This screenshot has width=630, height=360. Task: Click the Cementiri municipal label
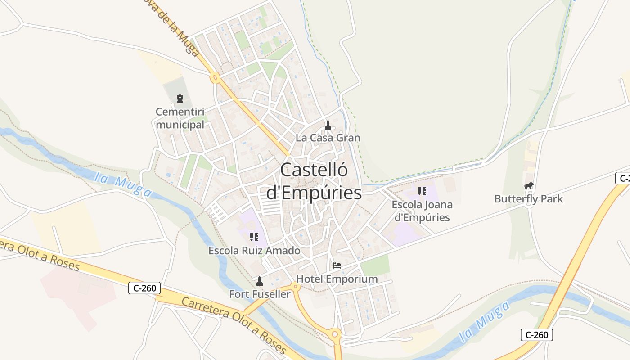[x=180, y=118]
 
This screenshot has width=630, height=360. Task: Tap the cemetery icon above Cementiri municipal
[x=180, y=99]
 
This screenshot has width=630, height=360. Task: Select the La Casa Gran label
[x=328, y=138]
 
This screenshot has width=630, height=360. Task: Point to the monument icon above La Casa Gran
[x=328, y=125]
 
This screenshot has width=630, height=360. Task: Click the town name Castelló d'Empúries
[x=314, y=181]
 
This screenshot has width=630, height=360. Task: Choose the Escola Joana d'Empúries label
[x=422, y=211]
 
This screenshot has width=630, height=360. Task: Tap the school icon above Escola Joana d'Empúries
[x=422, y=191]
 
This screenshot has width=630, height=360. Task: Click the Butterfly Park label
[x=528, y=198]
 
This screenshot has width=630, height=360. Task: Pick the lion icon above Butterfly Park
[x=528, y=185]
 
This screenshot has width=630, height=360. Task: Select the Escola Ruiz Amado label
[x=254, y=251]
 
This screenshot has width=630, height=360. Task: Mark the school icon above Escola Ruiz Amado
[x=254, y=237]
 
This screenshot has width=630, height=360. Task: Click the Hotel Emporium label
[x=337, y=279]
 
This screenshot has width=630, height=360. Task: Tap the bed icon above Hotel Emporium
[x=337, y=265]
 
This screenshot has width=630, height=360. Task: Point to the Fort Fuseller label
[x=260, y=294]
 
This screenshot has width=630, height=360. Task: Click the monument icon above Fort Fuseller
[x=259, y=281]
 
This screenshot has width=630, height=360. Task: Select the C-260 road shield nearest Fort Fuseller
[x=144, y=288]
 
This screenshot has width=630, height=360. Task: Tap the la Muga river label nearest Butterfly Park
[x=485, y=322]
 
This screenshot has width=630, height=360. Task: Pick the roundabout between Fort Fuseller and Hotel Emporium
[x=295, y=286]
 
